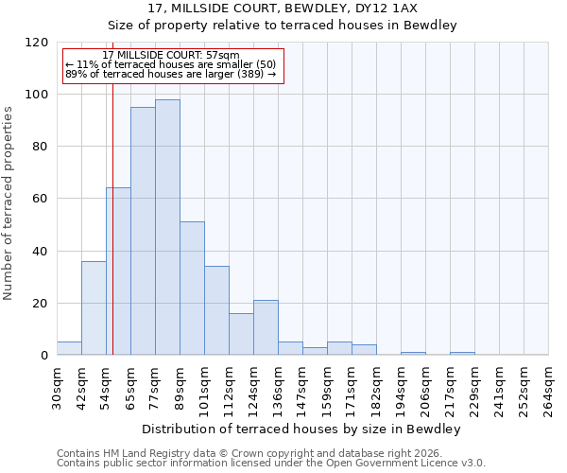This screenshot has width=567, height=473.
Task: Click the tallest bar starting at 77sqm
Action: point(167,227)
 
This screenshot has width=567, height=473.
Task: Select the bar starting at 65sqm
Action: point(143,231)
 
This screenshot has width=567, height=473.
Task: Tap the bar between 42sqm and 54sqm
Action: point(94,307)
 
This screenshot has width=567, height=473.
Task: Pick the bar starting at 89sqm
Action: point(192,289)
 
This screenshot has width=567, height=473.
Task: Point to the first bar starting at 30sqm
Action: point(69,348)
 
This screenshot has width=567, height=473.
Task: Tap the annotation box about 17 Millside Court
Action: point(173,65)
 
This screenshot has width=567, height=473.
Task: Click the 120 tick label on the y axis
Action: point(37,43)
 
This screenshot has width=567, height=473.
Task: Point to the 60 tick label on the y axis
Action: point(41,199)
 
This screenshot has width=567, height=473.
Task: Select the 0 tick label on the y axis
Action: point(44,356)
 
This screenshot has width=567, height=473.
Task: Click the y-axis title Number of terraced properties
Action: point(9,203)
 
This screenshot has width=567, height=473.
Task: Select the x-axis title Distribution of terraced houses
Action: point(301,429)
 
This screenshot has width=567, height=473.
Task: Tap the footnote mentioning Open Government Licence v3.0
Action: point(271,464)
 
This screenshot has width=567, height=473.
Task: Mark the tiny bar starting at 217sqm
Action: point(462,353)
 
